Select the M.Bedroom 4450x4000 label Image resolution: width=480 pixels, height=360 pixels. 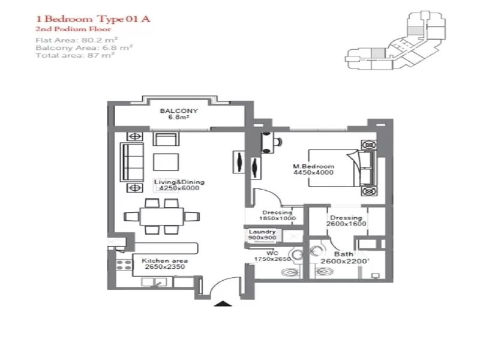coord(313,169)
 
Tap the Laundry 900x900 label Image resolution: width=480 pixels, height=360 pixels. coord(262,235)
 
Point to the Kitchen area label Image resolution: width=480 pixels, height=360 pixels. coord(164,264)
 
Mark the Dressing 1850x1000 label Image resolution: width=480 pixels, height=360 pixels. coord(277,215)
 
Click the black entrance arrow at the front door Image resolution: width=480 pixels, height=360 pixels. coord(223,304)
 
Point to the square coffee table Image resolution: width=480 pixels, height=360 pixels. coord(165,163)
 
